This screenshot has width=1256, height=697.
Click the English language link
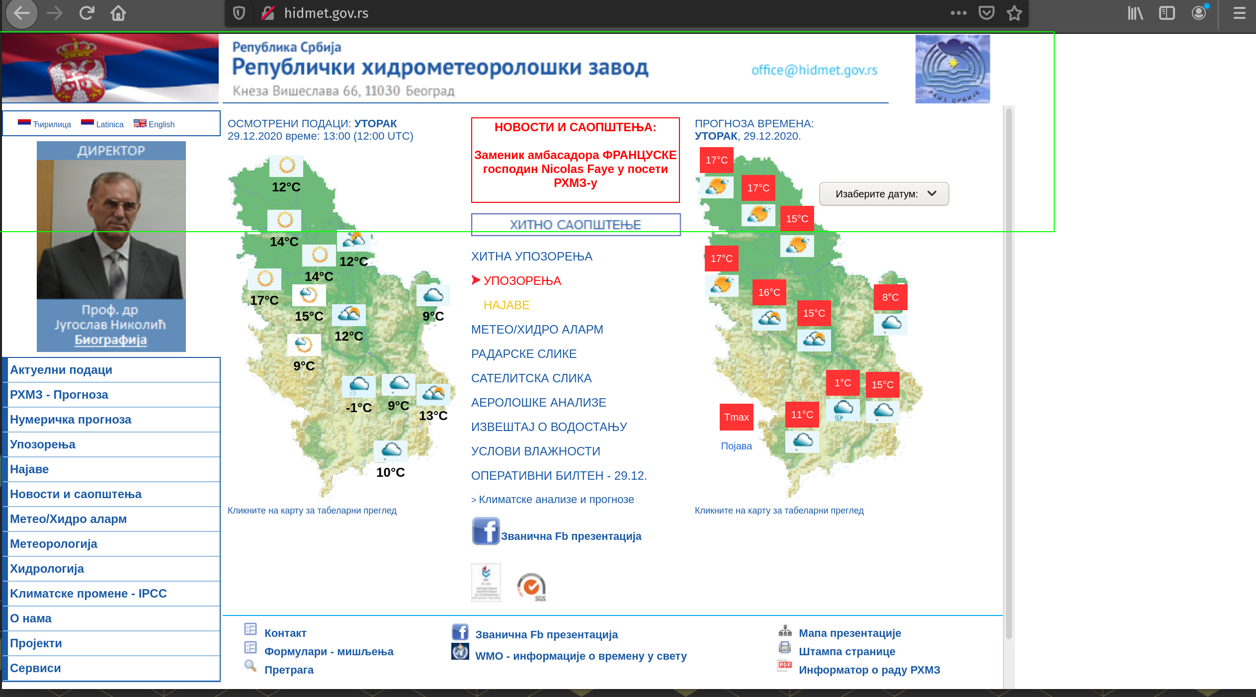click(161, 124)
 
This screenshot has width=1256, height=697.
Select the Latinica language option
click(109, 124)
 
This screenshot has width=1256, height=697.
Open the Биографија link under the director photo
click(111, 340)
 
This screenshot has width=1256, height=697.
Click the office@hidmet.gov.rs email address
click(814, 70)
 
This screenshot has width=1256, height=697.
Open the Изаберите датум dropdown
click(884, 194)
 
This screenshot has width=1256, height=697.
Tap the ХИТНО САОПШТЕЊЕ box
click(576, 225)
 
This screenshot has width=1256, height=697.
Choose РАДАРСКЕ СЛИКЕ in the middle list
click(524, 354)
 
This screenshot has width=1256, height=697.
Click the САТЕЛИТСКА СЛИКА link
click(531, 378)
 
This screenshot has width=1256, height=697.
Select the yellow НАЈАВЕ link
click(506, 305)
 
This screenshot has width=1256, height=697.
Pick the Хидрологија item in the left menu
click(47, 569)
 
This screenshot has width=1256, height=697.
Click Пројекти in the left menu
click(36, 643)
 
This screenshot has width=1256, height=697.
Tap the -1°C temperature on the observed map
click(358, 408)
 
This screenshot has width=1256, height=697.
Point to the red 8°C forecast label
click(890, 297)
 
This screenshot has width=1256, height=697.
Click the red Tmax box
click(736, 417)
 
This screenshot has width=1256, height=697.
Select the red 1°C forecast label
click(842, 383)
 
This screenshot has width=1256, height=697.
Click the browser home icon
click(118, 13)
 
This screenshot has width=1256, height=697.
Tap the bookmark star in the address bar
click(1014, 13)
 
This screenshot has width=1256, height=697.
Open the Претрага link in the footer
click(289, 670)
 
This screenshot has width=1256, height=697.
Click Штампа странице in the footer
click(847, 652)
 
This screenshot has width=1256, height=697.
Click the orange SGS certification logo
click(531, 587)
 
